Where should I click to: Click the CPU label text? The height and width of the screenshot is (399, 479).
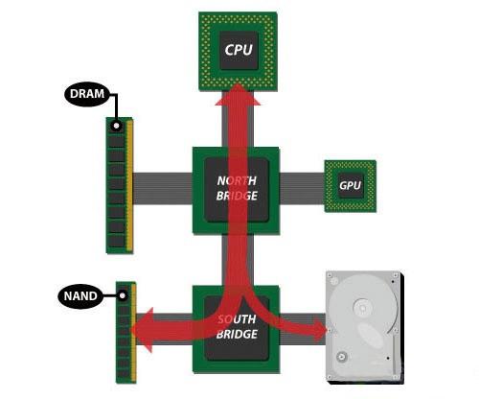pyautogui.click(x=239, y=50)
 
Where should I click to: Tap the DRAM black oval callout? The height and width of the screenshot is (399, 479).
pyautogui.click(x=87, y=94)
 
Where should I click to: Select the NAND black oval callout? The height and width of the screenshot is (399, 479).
pyautogui.click(x=80, y=295)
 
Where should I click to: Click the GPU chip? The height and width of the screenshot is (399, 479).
pyautogui.click(x=351, y=186)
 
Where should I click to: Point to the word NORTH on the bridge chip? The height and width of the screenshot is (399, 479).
pyautogui.click(x=237, y=180)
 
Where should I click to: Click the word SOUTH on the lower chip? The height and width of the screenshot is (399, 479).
pyautogui.click(x=237, y=319)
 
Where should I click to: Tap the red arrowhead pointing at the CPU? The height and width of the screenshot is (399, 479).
pyautogui.click(x=238, y=94)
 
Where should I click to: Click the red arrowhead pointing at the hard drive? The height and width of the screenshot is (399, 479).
pyautogui.click(x=320, y=329)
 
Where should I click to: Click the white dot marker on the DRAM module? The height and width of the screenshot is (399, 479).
pyautogui.click(x=116, y=126)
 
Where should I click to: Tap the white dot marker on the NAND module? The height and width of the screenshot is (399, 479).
pyautogui.click(x=122, y=295)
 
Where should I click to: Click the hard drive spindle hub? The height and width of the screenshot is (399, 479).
pyautogui.click(x=362, y=308)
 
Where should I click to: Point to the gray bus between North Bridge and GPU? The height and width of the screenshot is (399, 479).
pyautogui.click(x=302, y=188)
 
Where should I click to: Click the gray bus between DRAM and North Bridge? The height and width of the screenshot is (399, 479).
pyautogui.click(x=163, y=188)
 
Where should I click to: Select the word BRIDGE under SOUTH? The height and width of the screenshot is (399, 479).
pyautogui.click(x=237, y=334)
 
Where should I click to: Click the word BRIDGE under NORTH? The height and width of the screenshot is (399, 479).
pyautogui.click(x=237, y=196)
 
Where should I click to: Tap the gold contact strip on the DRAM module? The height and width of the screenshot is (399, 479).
pyautogui.click(x=129, y=185)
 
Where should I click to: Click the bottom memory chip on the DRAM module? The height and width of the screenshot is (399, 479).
pyautogui.click(x=116, y=241)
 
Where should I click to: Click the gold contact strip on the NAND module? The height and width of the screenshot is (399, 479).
pyautogui.click(x=133, y=333)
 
